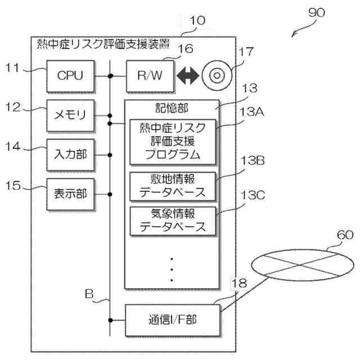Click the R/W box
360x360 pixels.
point(149,75)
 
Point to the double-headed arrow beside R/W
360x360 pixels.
point(188,75)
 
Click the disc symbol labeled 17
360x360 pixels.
point(214,75)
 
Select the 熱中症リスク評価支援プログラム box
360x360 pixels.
point(172,140)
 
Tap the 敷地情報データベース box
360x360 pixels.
point(172,186)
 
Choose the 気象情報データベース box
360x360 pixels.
point(172,220)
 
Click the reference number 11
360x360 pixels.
point(14,67)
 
